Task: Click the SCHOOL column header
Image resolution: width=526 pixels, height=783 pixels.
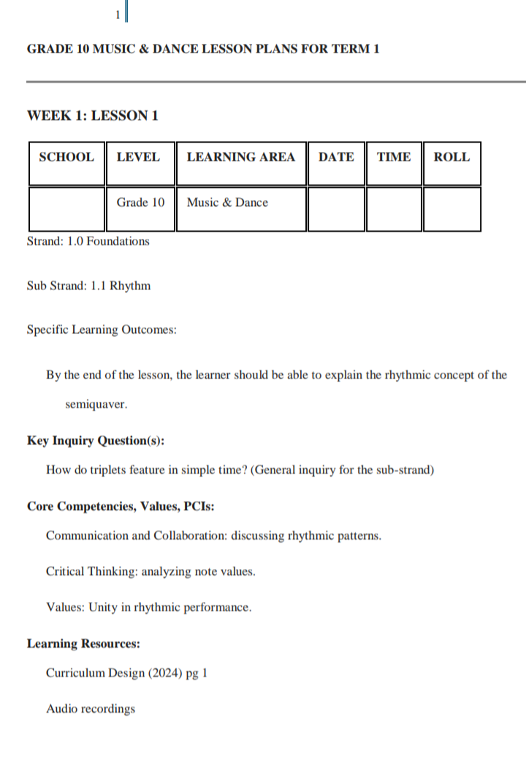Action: (66, 157)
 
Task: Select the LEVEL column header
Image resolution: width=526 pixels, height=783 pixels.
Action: (138, 157)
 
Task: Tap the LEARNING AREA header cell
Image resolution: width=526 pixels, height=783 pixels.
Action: (241, 157)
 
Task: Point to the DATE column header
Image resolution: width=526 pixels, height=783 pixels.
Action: (336, 157)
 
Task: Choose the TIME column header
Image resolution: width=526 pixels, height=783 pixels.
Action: (394, 157)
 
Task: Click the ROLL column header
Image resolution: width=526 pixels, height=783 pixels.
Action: (451, 157)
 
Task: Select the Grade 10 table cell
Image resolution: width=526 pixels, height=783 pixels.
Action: (141, 203)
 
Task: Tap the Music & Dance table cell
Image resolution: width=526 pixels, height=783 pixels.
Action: (227, 203)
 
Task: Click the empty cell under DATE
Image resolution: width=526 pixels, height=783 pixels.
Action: (336, 209)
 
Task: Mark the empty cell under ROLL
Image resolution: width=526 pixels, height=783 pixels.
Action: (451, 209)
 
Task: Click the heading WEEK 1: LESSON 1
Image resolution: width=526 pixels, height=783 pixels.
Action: (93, 115)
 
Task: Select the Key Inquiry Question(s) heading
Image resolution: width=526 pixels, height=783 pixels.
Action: (96, 440)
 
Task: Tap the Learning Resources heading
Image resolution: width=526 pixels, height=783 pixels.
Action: (83, 643)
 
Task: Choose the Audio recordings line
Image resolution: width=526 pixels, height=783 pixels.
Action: (91, 708)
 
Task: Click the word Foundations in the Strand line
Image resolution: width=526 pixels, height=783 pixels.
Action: (118, 241)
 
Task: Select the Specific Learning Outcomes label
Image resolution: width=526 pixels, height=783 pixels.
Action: (102, 330)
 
